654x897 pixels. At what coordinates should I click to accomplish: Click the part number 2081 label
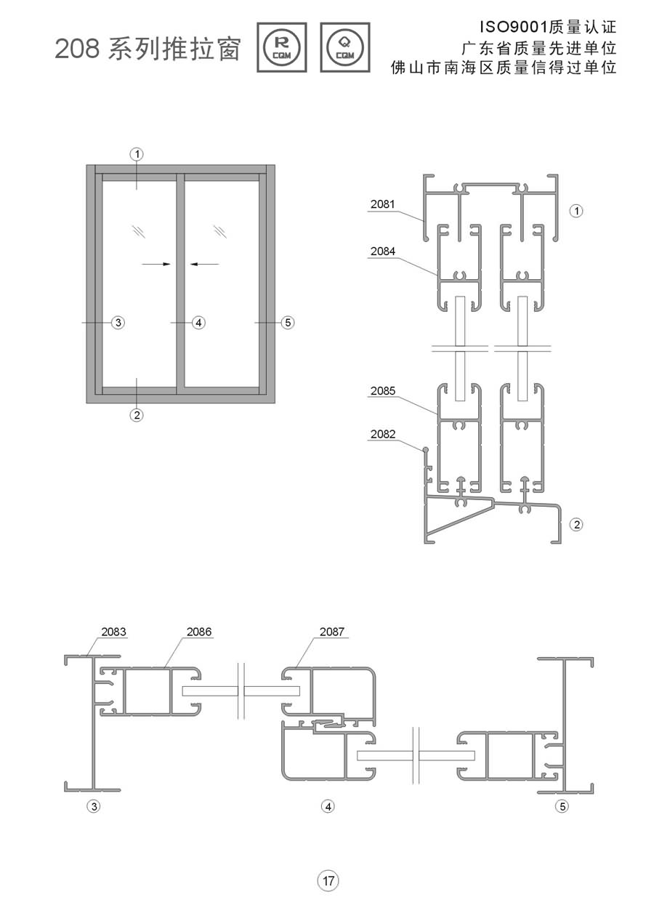(382, 204)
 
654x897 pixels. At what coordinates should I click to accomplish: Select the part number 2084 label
(382, 252)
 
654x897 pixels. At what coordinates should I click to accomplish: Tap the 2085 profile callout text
(382, 391)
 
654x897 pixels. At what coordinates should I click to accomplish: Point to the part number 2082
(382, 434)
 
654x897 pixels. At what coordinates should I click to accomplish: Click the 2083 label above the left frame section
(113, 632)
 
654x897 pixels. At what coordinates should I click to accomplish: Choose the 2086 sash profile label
(198, 632)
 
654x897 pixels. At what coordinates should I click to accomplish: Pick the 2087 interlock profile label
(331, 632)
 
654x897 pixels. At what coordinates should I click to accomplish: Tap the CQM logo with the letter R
(282, 47)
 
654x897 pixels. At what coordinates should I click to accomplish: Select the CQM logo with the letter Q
(345, 47)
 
